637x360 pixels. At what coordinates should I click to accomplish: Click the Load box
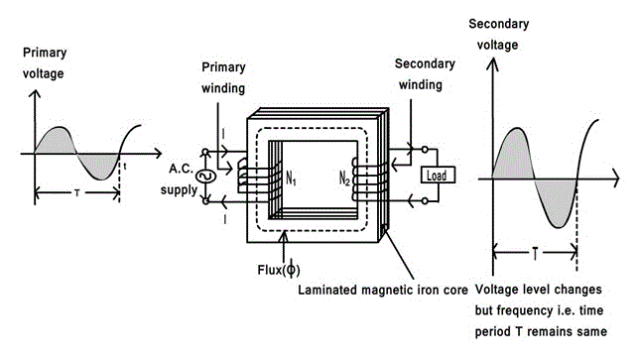[x=438, y=175]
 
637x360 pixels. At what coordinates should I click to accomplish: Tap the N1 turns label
[x=291, y=178]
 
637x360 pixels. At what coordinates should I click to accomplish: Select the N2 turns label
[x=344, y=178]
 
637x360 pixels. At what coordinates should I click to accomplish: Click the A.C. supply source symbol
[x=205, y=177]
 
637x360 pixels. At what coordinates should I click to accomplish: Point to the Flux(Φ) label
[x=279, y=270]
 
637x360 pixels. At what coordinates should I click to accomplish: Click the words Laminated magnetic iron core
[x=383, y=290]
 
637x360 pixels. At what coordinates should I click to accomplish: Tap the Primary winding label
[x=223, y=77]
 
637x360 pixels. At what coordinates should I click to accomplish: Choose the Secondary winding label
[x=424, y=74]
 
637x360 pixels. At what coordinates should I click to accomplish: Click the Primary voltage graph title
[x=45, y=62]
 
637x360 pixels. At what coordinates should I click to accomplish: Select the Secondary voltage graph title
[x=498, y=34]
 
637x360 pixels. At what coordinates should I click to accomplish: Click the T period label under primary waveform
[x=76, y=193]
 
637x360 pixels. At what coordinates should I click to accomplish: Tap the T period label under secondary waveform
[x=535, y=254]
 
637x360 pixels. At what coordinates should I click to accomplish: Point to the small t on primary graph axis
[x=125, y=167]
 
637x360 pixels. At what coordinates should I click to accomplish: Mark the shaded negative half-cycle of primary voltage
[x=98, y=166]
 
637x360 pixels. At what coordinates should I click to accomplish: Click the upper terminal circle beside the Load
[x=425, y=150]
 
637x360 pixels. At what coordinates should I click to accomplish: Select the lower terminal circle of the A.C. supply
[x=205, y=201]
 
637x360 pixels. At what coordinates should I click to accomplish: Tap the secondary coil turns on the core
[x=369, y=179]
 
